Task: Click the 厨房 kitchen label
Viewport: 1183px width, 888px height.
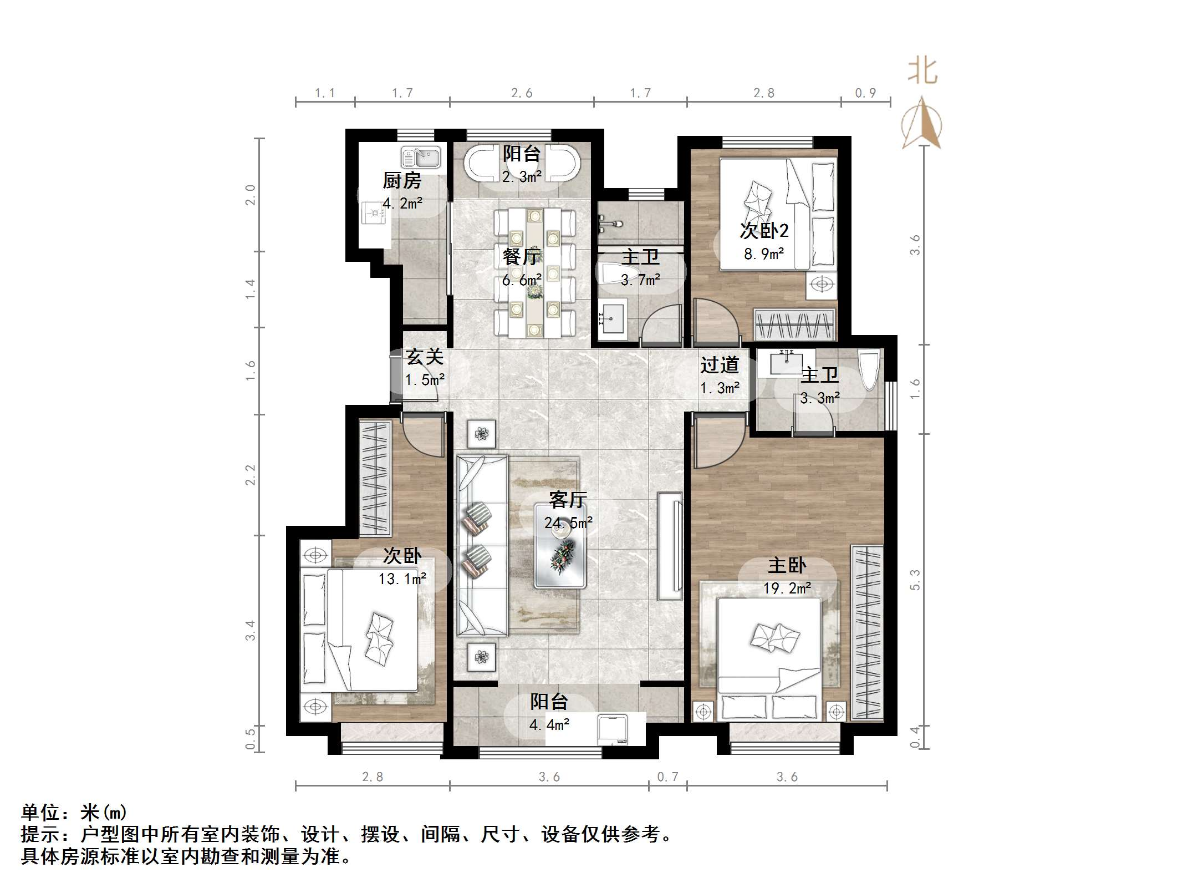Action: pyautogui.click(x=402, y=181)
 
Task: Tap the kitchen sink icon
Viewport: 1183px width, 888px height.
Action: pyautogui.click(x=421, y=158)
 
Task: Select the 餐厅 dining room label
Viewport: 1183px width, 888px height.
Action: pyautogui.click(x=521, y=257)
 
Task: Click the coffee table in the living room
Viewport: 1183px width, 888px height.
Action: pyautogui.click(x=560, y=546)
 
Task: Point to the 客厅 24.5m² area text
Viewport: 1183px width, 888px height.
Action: pyautogui.click(x=568, y=522)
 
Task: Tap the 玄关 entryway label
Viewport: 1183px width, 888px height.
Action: pyautogui.click(x=425, y=357)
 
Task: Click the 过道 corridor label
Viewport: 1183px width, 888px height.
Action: pyautogui.click(x=720, y=365)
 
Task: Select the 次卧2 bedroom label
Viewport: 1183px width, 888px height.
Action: pyautogui.click(x=764, y=231)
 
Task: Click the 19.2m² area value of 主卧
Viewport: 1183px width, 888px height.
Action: pyautogui.click(x=787, y=588)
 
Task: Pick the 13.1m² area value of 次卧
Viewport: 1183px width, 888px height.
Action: pyautogui.click(x=402, y=579)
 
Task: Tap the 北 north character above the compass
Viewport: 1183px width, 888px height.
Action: pyautogui.click(x=922, y=72)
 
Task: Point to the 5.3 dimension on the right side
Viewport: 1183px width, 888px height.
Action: pyautogui.click(x=915, y=580)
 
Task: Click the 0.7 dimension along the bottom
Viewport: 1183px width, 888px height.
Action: pyautogui.click(x=667, y=777)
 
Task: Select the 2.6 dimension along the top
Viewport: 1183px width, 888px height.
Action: pyautogui.click(x=522, y=93)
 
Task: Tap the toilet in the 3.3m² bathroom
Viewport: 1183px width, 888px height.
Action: pyautogui.click(x=869, y=369)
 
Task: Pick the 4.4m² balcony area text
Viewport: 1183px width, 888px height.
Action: pyautogui.click(x=549, y=724)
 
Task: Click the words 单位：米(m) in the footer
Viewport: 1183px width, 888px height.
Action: pyautogui.click(x=74, y=813)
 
